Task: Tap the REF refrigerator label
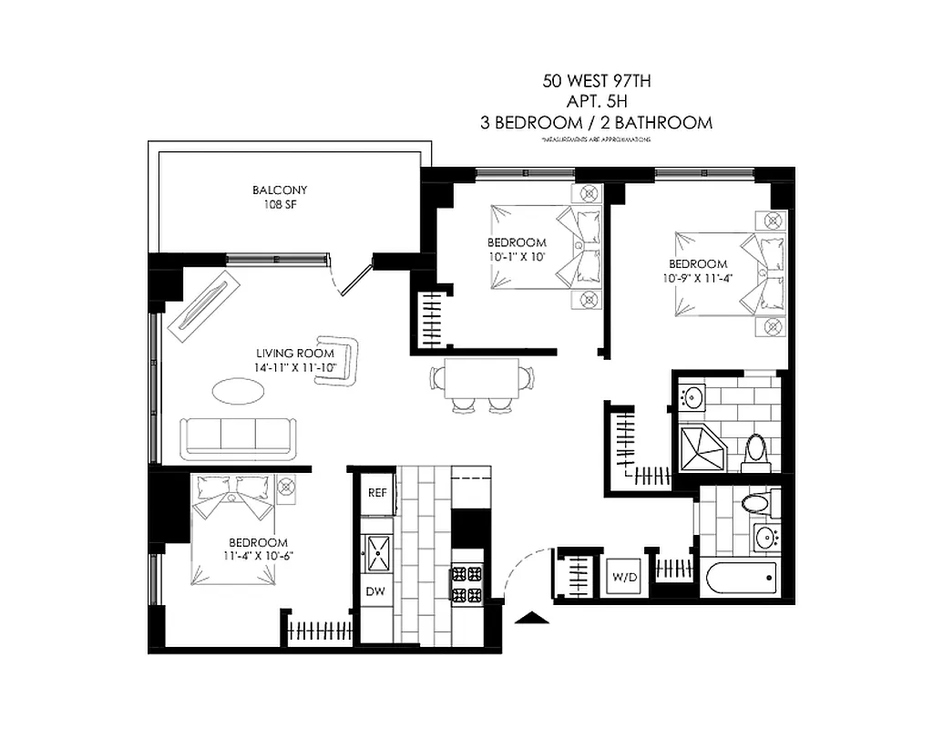pyautogui.click(x=377, y=492)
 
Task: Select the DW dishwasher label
pyautogui.click(x=376, y=591)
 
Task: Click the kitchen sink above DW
pyautogui.click(x=377, y=552)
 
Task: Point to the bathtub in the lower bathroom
pyautogui.click(x=740, y=576)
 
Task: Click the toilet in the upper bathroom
pyautogui.click(x=755, y=450)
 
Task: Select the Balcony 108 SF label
pyautogui.click(x=280, y=198)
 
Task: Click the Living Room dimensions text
pyautogui.click(x=295, y=367)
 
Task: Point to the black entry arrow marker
pyautogui.click(x=531, y=619)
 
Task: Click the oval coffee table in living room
pyautogui.click(x=241, y=391)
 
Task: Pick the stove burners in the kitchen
pyautogui.click(x=466, y=584)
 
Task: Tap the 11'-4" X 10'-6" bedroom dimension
pyautogui.click(x=259, y=555)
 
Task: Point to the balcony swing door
pyautogui.click(x=351, y=279)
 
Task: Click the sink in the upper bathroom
pyautogui.click(x=693, y=397)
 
